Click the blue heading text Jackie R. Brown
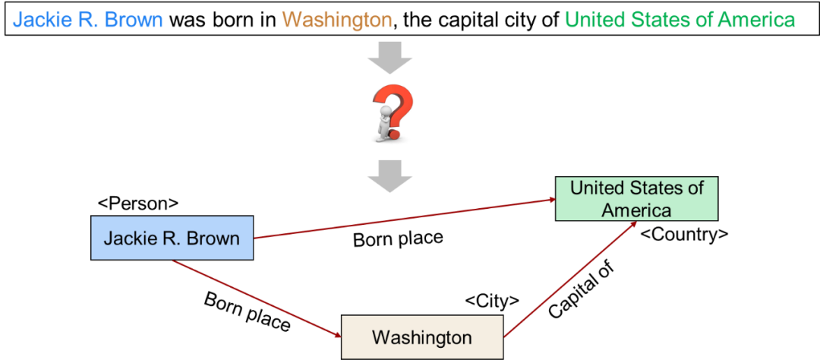click(x=87, y=20)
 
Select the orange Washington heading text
click(x=337, y=20)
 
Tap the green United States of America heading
click(x=680, y=20)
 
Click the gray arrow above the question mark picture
click(x=389, y=56)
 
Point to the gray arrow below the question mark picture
click(x=389, y=179)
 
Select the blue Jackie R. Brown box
click(x=172, y=238)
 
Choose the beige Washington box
click(x=422, y=337)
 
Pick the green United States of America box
click(x=636, y=198)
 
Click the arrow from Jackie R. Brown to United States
click(x=402, y=219)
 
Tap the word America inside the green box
click(x=636, y=210)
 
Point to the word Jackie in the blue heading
click(x=39, y=20)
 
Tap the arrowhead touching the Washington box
click(x=336, y=334)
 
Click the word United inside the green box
click(x=596, y=188)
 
